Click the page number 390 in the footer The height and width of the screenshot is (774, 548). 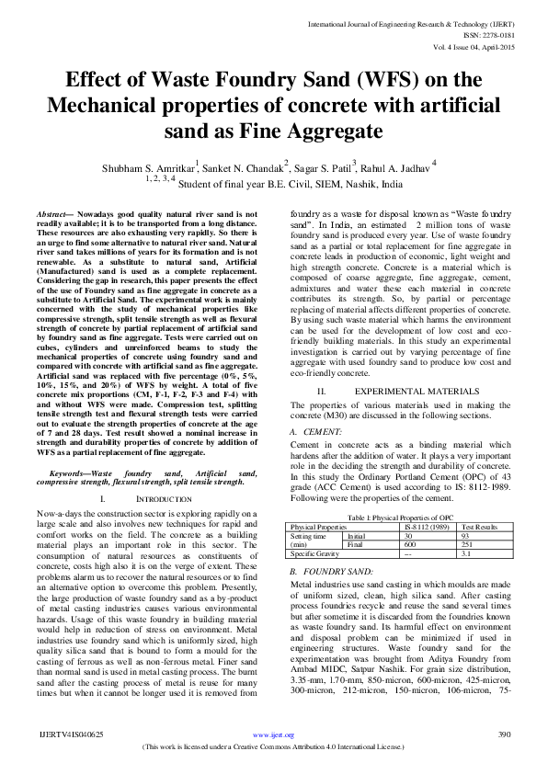click(503, 760)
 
